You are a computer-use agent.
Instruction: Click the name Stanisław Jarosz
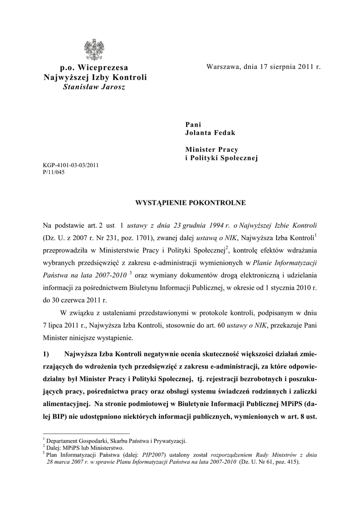coord(94,87)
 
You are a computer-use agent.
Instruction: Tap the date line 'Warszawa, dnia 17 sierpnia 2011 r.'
coord(263,66)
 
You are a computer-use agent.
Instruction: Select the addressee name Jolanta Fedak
coord(210,133)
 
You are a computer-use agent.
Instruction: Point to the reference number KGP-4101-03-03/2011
coord(71,166)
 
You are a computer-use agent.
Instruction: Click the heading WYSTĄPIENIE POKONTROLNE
coord(184,203)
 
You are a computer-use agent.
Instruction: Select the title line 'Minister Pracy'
coord(212,149)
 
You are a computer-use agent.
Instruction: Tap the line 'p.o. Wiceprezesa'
coord(94,67)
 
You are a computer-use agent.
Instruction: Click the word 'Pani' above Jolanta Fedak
coord(194,125)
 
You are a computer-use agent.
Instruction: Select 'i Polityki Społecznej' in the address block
coord(222,158)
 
